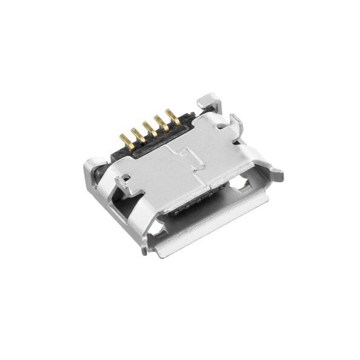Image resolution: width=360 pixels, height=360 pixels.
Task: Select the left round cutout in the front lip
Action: click(160, 229)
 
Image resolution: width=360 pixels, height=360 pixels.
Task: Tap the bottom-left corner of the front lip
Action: click(143, 249)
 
